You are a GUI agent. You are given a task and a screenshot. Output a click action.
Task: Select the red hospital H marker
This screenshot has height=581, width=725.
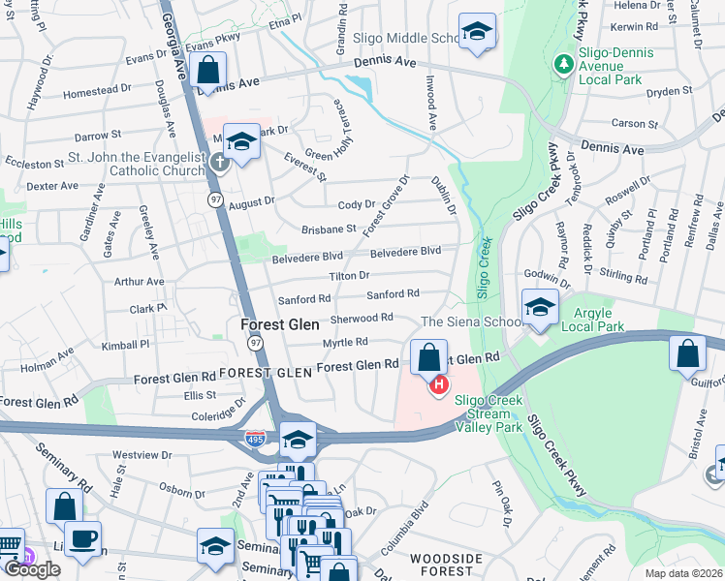pos(438,386)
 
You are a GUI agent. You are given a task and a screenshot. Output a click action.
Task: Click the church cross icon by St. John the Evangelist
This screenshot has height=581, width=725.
pos(220,163)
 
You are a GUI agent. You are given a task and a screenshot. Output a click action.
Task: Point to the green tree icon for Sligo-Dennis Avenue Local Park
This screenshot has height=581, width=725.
pos(561,64)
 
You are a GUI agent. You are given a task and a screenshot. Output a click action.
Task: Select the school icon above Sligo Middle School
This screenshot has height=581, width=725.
pos(477,31)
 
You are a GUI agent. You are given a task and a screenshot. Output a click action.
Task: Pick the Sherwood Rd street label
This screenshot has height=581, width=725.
pos(362,318)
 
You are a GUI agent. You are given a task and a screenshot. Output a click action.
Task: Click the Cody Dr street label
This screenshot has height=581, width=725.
pos(356,205)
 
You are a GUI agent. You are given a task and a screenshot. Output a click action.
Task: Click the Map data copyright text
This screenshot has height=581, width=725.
pos(684,573)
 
